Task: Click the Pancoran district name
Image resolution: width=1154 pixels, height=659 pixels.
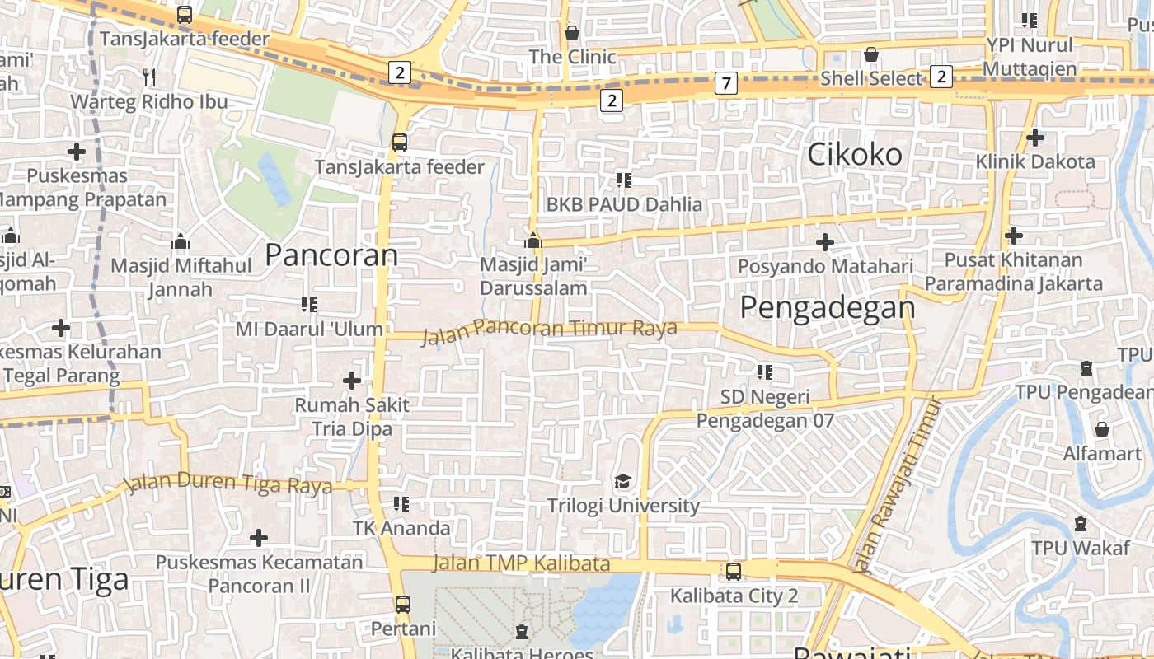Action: coord(331,255)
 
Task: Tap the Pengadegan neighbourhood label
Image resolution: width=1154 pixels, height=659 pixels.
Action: coord(827,307)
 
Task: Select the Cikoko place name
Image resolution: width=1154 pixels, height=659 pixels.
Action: coord(855,154)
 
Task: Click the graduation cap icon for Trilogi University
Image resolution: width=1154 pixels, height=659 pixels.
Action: coord(623,481)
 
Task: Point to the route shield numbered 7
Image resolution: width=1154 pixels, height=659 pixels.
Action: coord(725,83)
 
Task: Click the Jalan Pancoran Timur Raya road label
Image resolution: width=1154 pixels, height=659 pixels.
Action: coord(549,329)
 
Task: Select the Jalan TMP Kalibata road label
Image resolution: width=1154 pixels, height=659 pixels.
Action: coord(521,563)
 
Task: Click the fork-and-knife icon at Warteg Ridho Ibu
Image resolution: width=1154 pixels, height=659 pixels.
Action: coord(149,77)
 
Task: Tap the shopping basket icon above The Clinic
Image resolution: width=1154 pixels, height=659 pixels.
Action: coord(572,33)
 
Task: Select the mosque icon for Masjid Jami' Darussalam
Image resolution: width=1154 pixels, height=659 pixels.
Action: coord(533,241)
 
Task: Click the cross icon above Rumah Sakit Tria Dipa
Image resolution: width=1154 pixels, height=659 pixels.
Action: coord(352,381)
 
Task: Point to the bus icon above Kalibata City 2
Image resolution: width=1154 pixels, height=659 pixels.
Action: coord(733,571)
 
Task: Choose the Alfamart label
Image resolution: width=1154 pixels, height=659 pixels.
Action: coord(1102,454)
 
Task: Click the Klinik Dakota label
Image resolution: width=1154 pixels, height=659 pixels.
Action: coord(1035,161)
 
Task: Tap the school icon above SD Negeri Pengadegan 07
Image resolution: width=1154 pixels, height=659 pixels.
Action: coord(765,372)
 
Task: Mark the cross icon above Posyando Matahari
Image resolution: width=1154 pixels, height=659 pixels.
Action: coord(824,242)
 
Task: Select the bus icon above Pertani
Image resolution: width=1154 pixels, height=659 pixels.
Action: coord(402,605)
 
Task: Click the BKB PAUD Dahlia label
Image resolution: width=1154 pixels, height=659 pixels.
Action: coord(624,204)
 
